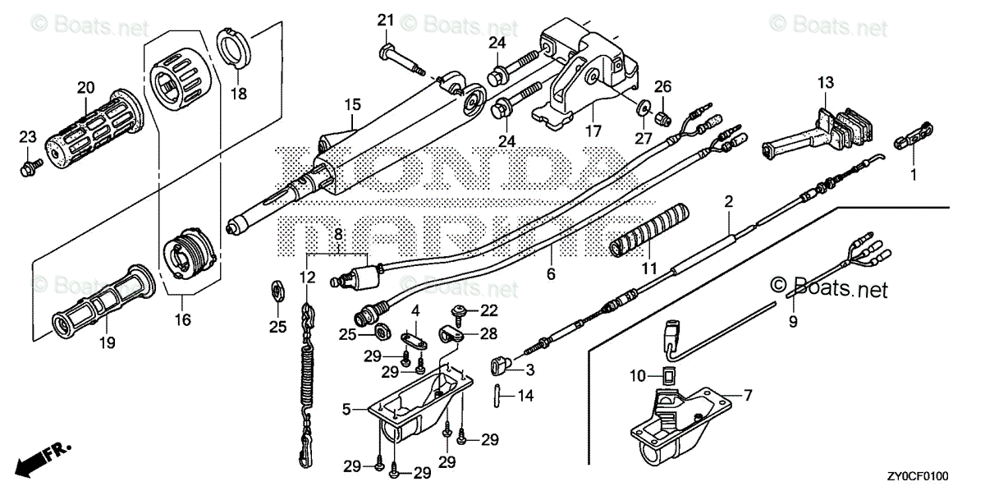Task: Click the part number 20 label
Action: coord(86,87)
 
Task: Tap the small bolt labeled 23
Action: coord(28,169)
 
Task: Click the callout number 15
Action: coord(352,105)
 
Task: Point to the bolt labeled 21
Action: coord(402,58)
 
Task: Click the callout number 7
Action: coord(749,395)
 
